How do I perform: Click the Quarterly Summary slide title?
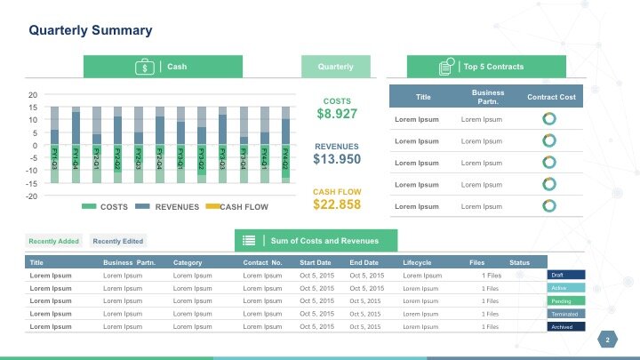click(x=91, y=30)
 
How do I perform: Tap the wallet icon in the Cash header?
click(x=145, y=67)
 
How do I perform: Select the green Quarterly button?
click(x=335, y=67)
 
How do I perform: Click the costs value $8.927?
click(x=337, y=115)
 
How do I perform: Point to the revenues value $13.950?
click(x=337, y=160)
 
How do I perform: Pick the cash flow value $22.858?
click(x=337, y=204)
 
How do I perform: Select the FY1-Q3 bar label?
click(x=54, y=159)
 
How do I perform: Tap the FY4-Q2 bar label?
click(x=285, y=159)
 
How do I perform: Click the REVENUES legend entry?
click(x=168, y=207)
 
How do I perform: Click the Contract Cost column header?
click(x=551, y=96)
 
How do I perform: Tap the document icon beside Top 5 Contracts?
click(x=446, y=67)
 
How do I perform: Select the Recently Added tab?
click(x=53, y=241)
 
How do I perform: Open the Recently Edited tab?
click(x=117, y=241)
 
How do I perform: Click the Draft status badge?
click(x=567, y=276)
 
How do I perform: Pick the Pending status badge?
click(x=567, y=301)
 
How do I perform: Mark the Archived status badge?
click(x=567, y=327)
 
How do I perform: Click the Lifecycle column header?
click(x=417, y=263)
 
